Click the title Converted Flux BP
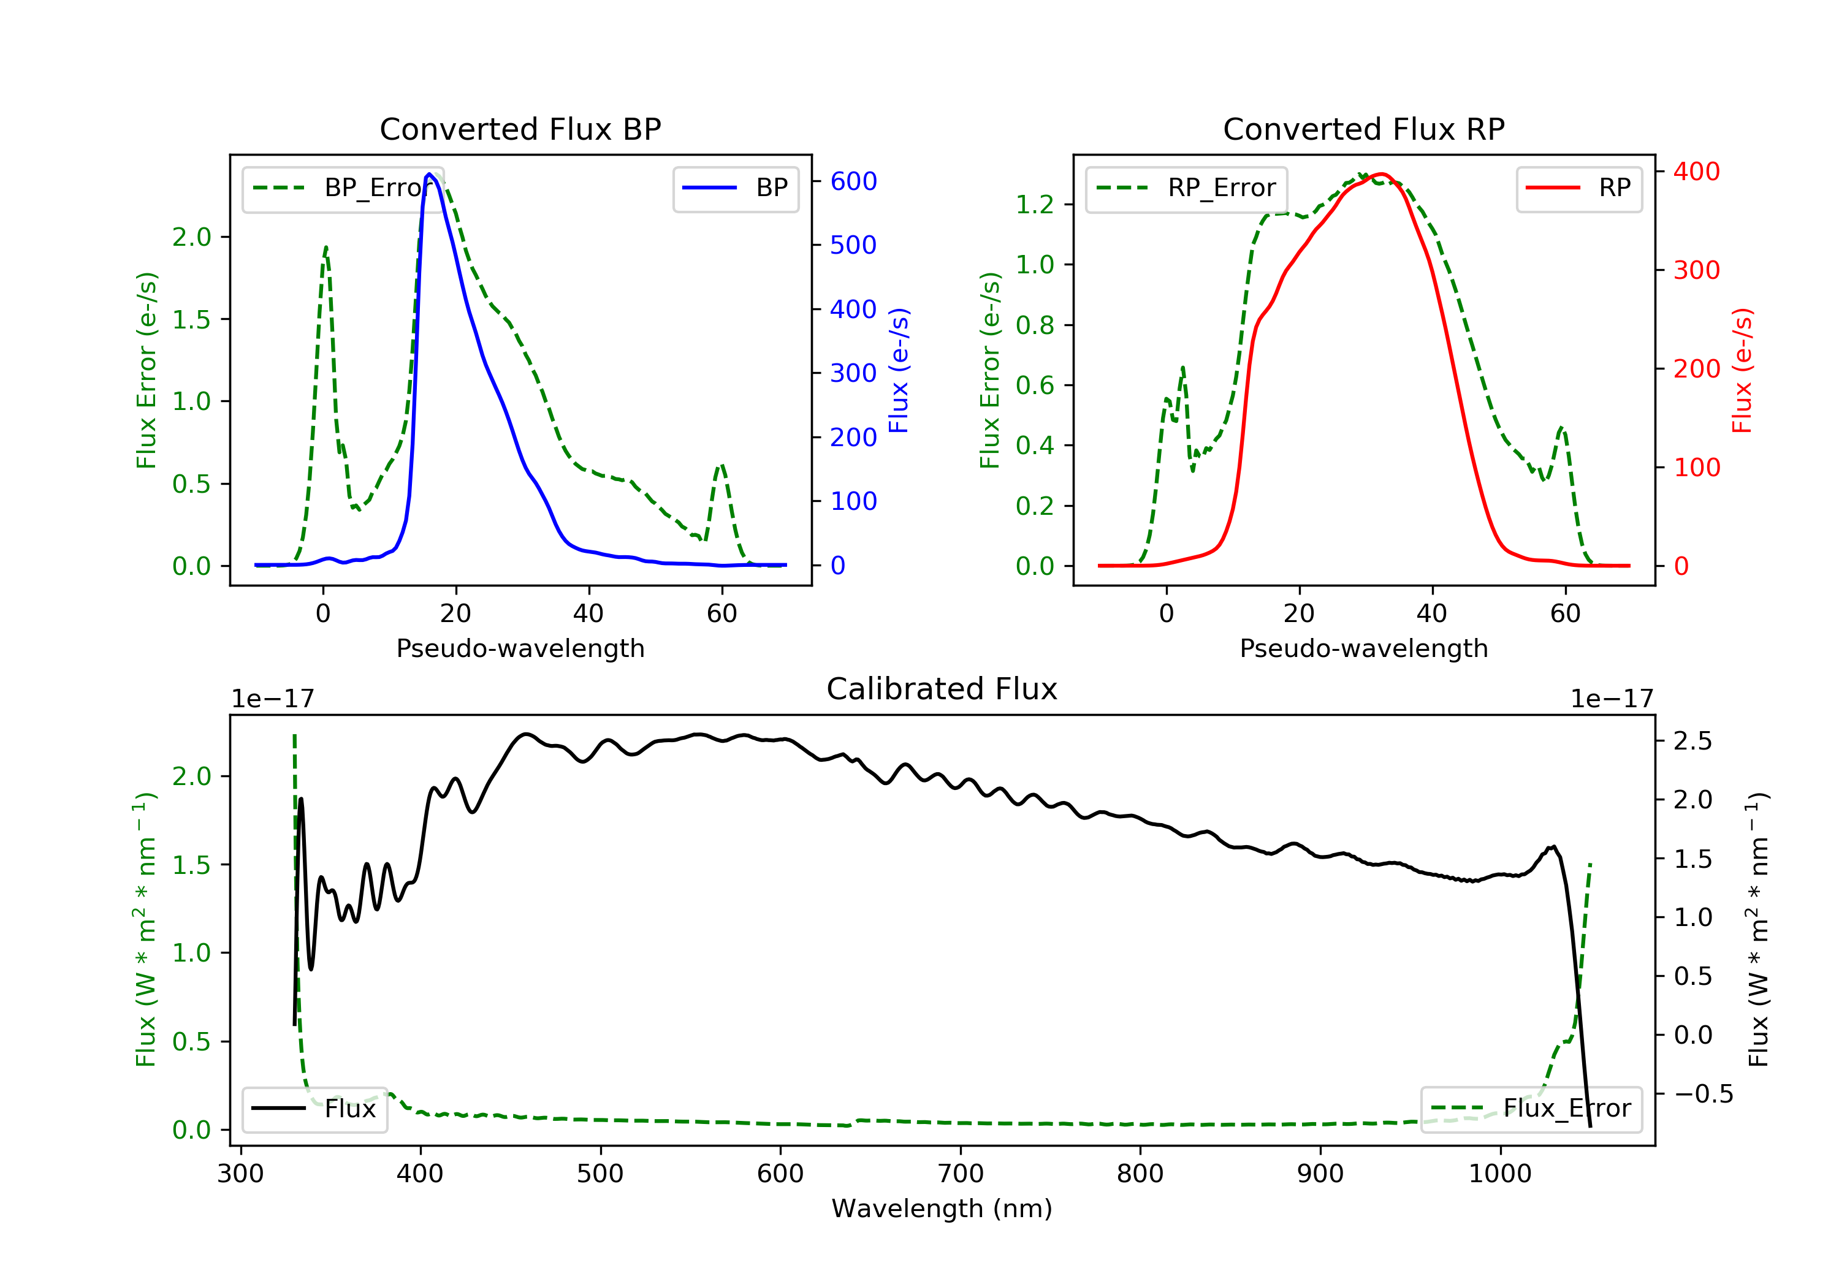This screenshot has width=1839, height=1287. [x=520, y=129]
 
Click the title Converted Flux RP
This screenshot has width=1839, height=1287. [x=1363, y=129]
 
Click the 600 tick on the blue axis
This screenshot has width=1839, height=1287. [x=853, y=181]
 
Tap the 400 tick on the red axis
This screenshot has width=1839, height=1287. [x=1696, y=172]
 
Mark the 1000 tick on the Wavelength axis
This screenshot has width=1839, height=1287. [x=1499, y=1174]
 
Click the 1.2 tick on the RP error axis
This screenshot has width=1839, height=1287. [x=1035, y=205]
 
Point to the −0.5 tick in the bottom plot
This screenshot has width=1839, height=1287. [x=1703, y=1094]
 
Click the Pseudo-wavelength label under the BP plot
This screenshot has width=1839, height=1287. [x=520, y=648]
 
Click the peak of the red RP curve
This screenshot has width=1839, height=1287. [x=1382, y=174]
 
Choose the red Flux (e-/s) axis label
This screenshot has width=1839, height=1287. [x=1742, y=370]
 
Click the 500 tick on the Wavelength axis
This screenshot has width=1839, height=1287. [x=600, y=1174]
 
